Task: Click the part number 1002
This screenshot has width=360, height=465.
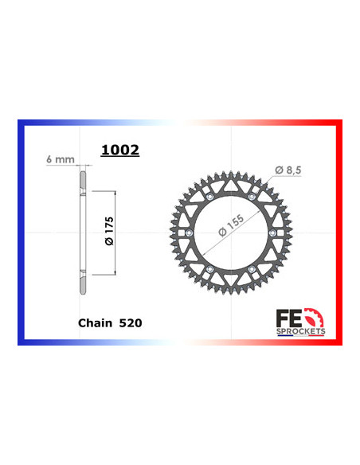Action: tap(120, 150)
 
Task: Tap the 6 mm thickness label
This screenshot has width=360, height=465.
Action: tap(61, 159)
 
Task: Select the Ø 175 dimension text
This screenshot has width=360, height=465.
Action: tap(109, 231)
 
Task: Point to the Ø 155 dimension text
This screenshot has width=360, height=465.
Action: tap(231, 225)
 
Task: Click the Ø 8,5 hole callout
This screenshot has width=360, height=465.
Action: tap(288, 170)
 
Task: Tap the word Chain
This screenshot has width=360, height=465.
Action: tap(96, 323)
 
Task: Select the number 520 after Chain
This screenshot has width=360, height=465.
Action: tap(131, 323)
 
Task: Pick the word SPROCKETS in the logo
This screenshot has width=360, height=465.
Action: tap(301, 331)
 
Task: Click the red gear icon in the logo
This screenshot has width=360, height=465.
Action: tap(315, 318)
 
